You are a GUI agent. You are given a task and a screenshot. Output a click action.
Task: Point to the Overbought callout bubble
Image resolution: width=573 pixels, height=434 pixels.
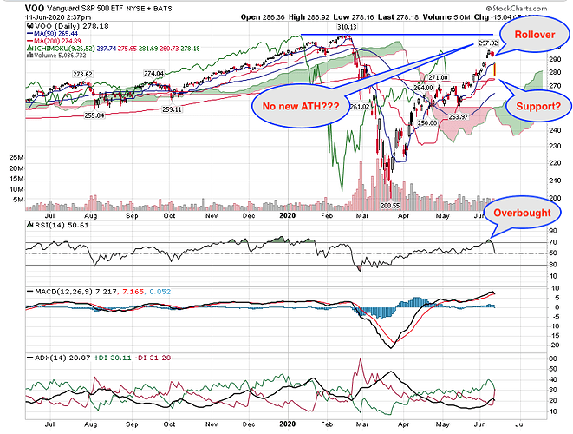tap(520, 212)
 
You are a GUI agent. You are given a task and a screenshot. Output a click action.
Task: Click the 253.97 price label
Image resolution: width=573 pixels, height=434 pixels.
tap(458, 115)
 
